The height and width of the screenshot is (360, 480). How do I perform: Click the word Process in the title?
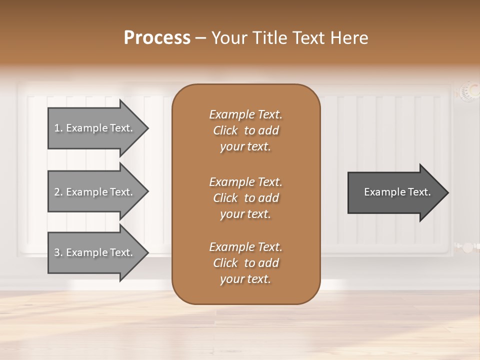[157, 38]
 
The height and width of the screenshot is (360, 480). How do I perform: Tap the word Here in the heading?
[349, 38]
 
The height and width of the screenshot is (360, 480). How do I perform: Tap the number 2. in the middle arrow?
[58, 192]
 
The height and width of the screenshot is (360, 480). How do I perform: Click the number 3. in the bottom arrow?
[58, 252]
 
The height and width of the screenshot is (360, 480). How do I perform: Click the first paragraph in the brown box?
[245, 130]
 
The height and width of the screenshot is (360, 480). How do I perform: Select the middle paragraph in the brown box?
[245, 198]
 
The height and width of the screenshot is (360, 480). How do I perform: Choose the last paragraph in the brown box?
[245, 263]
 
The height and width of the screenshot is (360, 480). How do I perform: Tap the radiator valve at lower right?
[466, 247]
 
